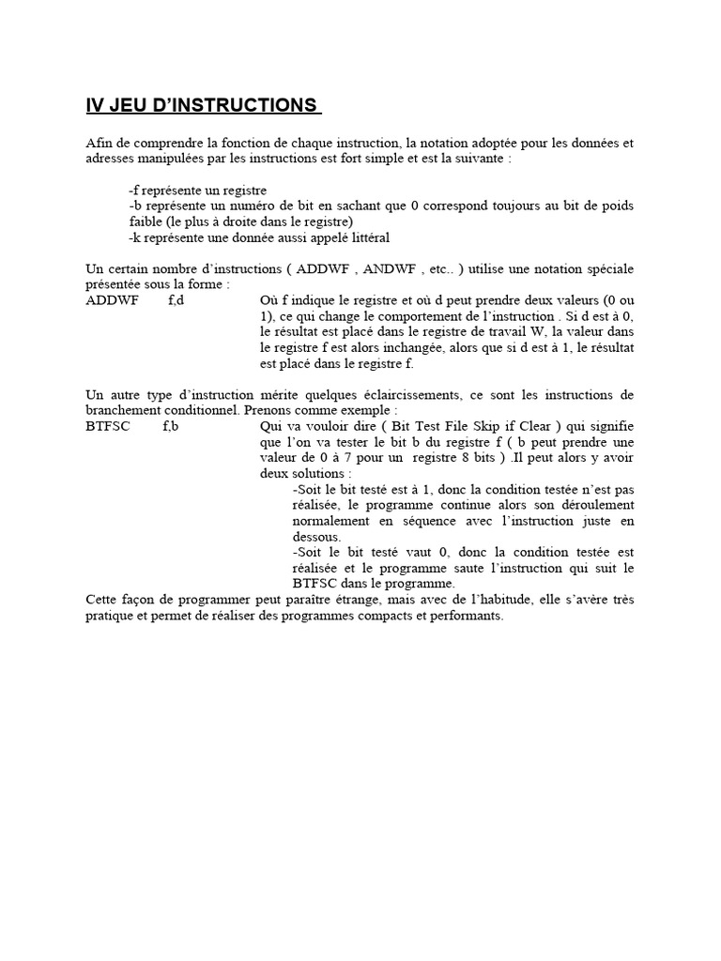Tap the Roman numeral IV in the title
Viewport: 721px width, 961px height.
95,104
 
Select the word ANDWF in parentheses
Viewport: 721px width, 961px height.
391,268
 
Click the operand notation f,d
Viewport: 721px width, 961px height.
176,300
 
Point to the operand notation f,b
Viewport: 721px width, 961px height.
170,427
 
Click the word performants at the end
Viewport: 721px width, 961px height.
470,617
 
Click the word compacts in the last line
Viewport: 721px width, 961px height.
347,617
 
